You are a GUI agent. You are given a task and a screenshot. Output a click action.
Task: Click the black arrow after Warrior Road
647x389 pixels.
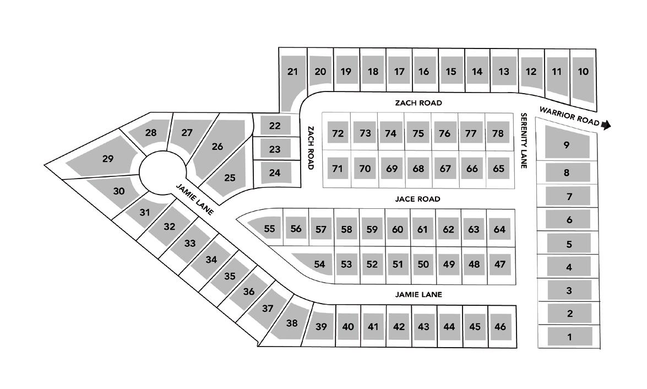coord(606,125)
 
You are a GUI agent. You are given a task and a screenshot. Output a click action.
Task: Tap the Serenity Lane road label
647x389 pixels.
coord(524,141)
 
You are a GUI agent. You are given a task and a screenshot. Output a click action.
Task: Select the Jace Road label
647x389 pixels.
coord(418,199)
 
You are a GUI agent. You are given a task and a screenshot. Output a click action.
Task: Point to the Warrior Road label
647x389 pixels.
coord(569,116)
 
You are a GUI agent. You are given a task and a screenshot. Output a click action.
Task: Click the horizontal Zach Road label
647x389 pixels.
coord(418,103)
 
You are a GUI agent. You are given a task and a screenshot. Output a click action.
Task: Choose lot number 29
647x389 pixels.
coord(108,159)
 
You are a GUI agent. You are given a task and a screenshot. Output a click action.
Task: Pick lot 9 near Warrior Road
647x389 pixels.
coord(567,145)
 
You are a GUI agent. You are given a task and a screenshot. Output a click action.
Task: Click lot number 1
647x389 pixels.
coord(569,337)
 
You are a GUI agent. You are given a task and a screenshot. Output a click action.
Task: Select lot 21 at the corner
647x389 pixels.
coord(292,72)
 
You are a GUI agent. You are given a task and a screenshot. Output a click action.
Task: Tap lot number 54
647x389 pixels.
coord(319,264)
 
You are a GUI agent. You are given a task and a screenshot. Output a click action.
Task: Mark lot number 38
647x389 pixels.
coord(292,323)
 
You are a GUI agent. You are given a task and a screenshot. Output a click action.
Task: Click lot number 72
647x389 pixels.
coord(338,133)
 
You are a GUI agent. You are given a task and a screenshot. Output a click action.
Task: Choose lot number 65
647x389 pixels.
coord(498,169)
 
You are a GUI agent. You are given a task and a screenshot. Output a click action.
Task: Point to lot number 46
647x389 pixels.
coord(500,327)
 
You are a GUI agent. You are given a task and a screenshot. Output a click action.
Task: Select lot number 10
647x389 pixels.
coord(584,72)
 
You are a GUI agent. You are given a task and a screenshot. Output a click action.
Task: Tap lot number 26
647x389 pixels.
coord(218,147)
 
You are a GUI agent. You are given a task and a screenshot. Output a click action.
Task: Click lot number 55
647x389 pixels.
coord(269,229)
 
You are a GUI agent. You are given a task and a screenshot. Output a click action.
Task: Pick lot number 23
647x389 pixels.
coord(275,149)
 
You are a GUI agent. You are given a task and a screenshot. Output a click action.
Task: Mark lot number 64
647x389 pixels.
coord(499,229)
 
